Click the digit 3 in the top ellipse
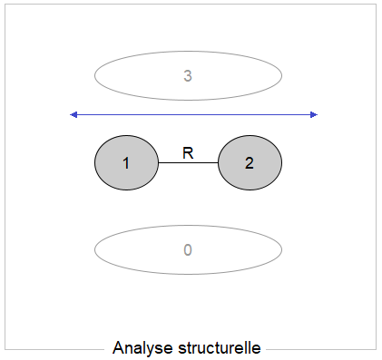point(188,76)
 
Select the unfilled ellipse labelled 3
point(136,76)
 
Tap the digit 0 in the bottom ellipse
point(188,249)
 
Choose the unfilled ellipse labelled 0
point(136,249)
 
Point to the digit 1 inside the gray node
point(126,163)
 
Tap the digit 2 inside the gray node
point(249,163)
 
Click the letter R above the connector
point(188,152)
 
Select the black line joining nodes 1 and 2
point(188,163)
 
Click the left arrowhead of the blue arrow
point(74,114)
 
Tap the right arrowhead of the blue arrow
point(314,114)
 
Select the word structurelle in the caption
point(219,348)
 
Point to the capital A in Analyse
point(119,348)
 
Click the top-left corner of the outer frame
point(5,5)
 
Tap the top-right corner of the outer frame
point(377,5)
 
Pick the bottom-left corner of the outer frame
point(5,349)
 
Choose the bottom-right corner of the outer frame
point(377,349)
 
